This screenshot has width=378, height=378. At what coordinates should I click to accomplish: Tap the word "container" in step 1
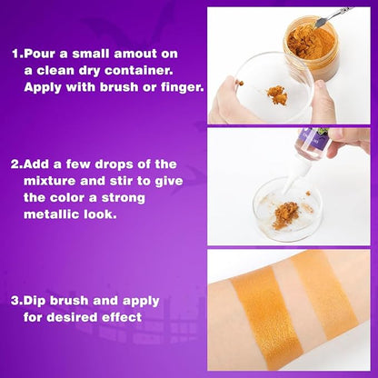pos(139,71)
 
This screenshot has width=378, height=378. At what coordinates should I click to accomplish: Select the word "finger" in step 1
pos(183,88)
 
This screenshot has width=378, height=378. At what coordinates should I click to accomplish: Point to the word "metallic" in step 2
pos(52,214)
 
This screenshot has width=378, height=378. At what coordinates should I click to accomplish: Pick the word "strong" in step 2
pos(123,198)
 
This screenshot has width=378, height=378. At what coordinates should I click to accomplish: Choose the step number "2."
pos(17,164)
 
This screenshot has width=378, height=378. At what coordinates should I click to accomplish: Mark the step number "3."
pos(17,302)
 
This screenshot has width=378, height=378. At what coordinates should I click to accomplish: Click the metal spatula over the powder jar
pos(332,15)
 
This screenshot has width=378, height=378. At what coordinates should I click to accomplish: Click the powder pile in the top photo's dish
pos(277,95)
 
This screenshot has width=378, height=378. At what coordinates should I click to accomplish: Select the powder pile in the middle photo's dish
pos(284,215)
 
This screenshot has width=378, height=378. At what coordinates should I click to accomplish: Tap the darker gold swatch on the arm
pos(266,318)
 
